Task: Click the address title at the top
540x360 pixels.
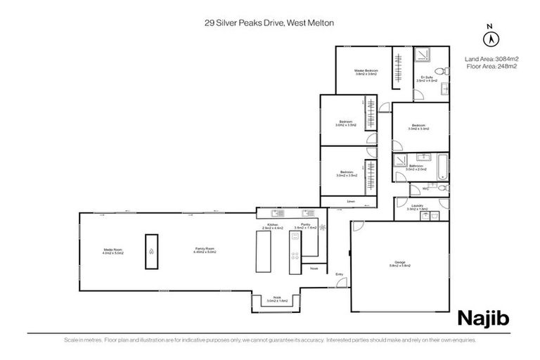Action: (269, 23)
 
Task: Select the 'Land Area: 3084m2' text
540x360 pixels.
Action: (491, 58)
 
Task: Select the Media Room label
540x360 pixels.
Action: (112, 250)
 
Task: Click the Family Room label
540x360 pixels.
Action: (205, 250)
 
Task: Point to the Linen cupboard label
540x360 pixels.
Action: (349, 201)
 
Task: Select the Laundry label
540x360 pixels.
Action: (417, 207)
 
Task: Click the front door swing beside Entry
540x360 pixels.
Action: (342, 283)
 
